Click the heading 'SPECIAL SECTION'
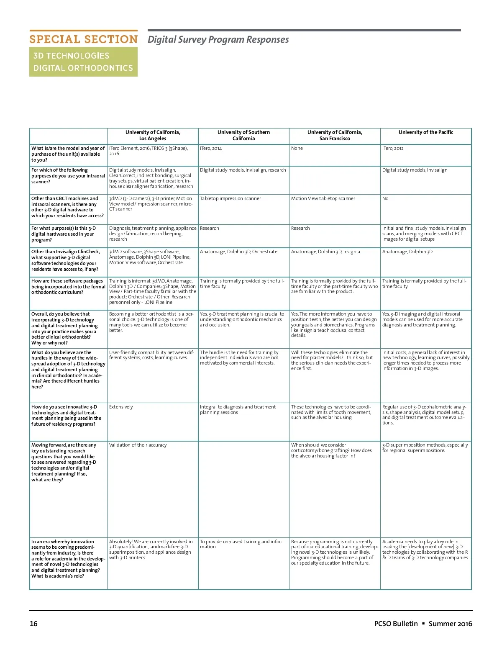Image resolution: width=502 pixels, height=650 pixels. point(83,39)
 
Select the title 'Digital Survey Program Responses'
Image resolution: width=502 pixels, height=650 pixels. point(218,40)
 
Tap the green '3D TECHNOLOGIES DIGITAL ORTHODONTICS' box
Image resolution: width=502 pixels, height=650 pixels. point(83,62)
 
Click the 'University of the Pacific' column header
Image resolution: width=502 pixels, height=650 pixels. point(425,132)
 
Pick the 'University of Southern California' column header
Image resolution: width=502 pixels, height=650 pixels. point(243,135)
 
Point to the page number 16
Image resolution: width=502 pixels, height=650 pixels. point(33,624)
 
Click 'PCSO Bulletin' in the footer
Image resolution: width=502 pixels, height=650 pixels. point(396,624)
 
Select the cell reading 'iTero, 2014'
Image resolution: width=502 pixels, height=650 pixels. point(211,149)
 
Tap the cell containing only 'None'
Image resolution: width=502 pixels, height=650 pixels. point(297,149)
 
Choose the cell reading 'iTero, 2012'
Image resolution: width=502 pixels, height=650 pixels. point(393,149)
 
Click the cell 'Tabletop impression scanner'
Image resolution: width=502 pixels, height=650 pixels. point(231,199)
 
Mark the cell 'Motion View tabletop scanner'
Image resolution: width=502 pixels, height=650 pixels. point(323,199)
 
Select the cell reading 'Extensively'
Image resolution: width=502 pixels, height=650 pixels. point(121,407)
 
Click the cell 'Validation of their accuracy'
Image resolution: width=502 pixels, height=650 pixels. point(138,445)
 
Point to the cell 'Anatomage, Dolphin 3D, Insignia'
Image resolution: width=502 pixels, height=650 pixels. point(325,252)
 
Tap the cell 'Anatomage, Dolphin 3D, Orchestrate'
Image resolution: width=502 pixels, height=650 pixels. point(238,252)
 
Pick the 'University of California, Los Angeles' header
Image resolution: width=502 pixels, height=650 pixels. point(153,135)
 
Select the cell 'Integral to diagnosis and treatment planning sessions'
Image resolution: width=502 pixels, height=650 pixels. point(238,410)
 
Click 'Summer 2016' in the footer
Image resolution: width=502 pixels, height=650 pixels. point(450,624)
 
